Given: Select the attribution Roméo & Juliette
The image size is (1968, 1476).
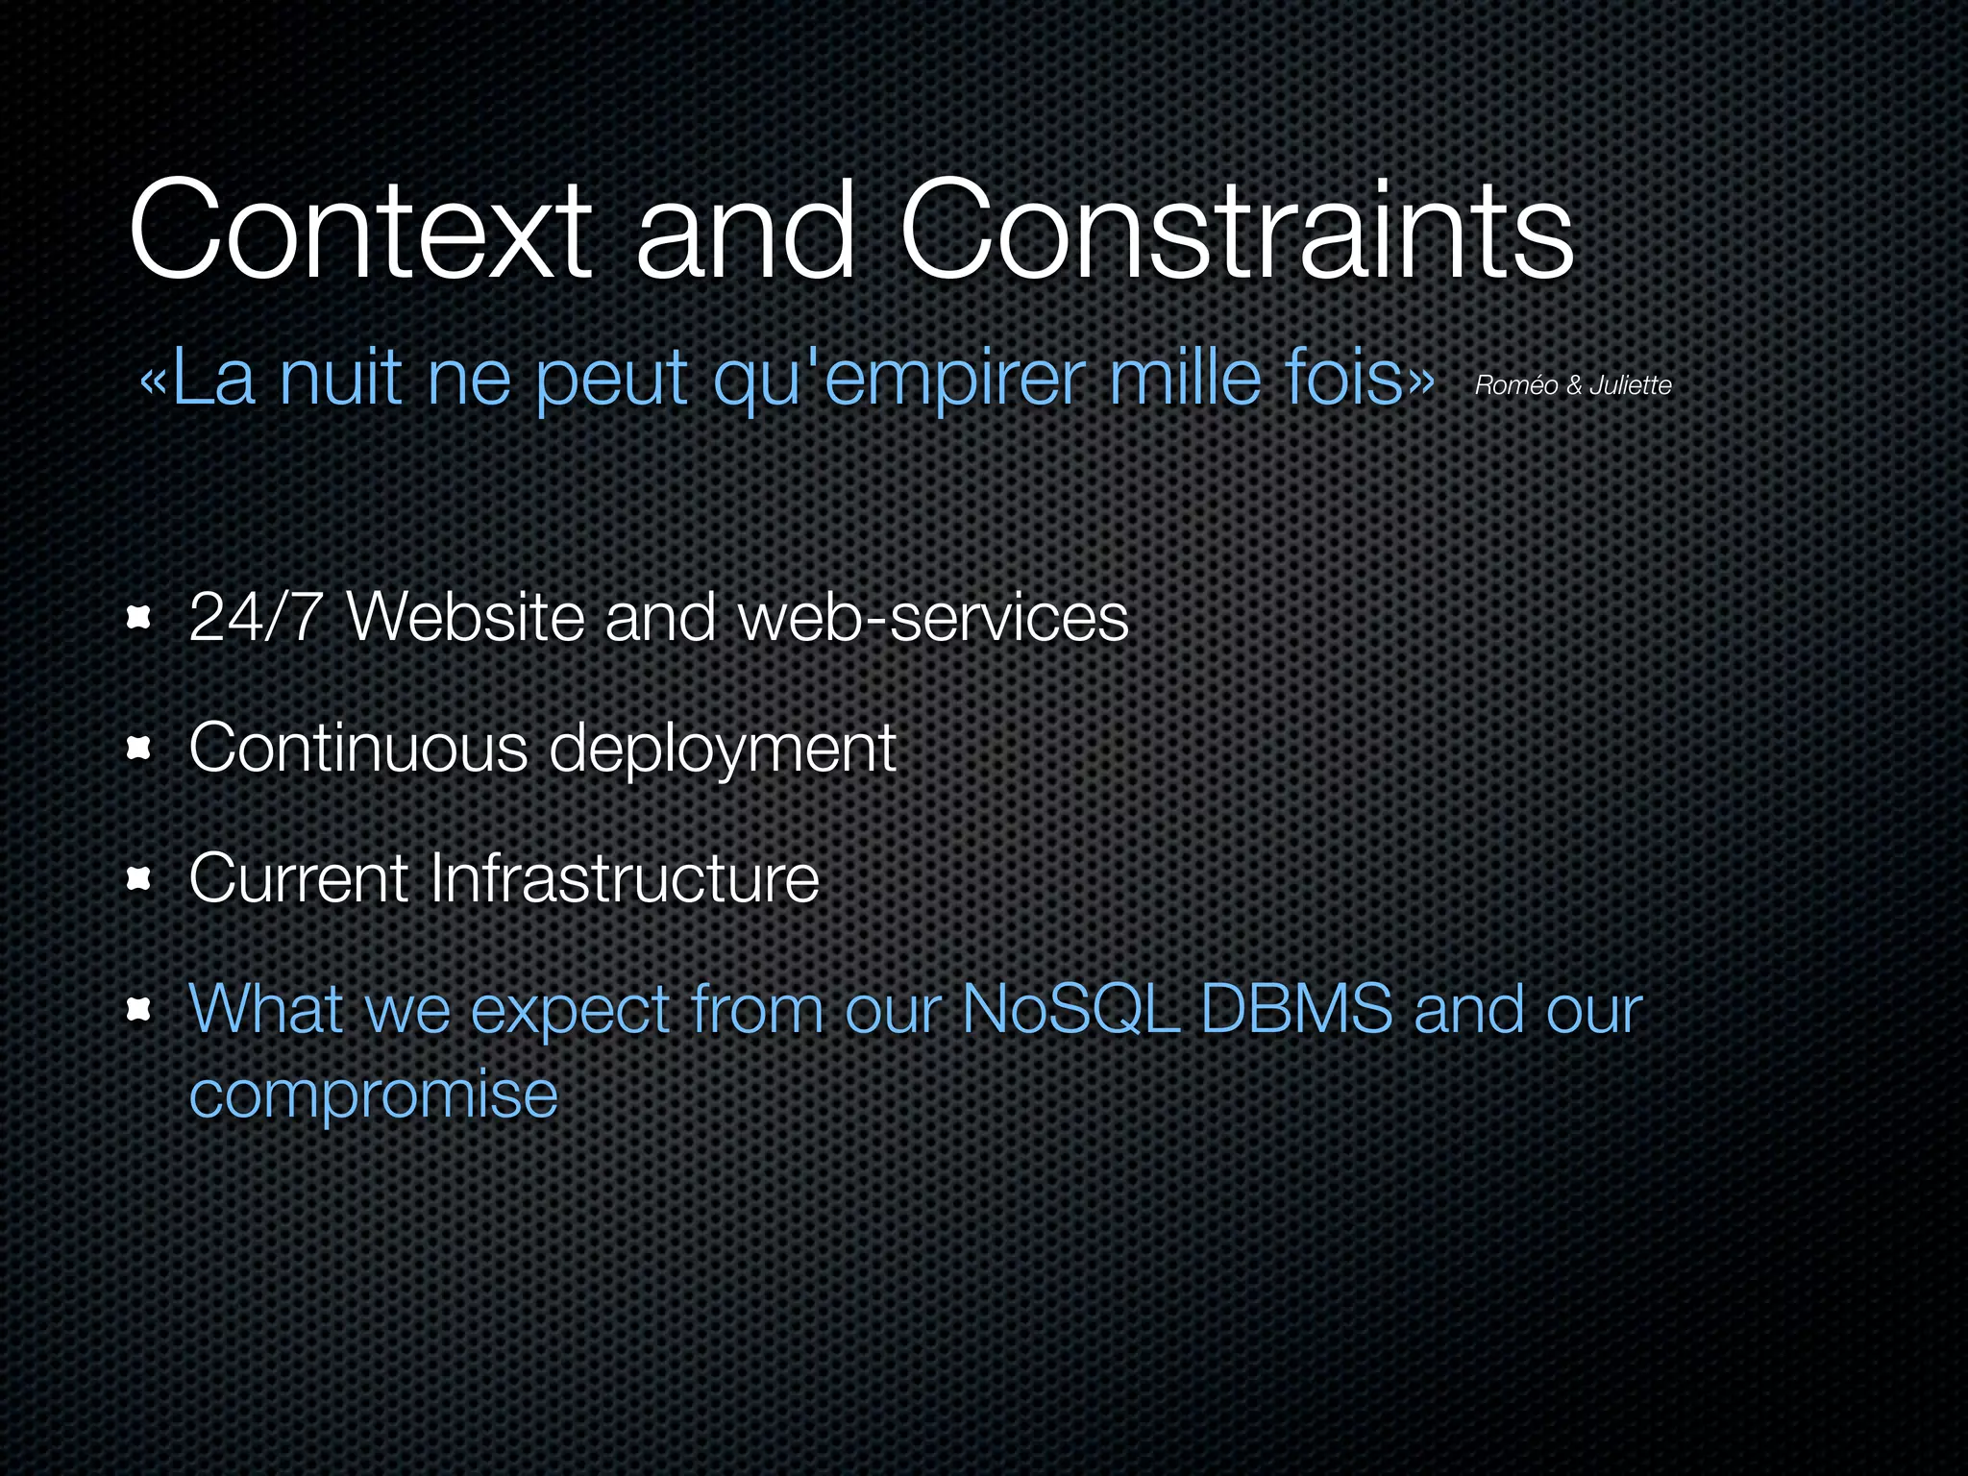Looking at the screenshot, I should (x=1573, y=385).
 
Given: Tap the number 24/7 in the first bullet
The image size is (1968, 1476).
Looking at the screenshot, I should (x=256, y=617).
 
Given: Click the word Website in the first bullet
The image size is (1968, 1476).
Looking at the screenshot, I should (x=465, y=617).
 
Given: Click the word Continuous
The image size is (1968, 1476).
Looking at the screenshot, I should (x=358, y=748).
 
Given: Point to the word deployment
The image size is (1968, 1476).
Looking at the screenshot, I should (x=722, y=750).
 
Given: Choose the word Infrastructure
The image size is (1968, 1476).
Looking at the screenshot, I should (x=624, y=878).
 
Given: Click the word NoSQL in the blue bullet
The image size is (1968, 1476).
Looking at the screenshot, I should (x=1070, y=1009).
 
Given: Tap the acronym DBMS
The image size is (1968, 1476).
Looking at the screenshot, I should (x=1296, y=1009).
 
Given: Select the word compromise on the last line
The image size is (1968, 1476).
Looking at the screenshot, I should (x=373, y=1095).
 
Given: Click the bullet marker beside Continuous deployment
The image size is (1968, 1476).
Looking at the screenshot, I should (x=140, y=749).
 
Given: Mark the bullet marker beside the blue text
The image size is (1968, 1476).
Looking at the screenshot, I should (x=140, y=1010).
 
